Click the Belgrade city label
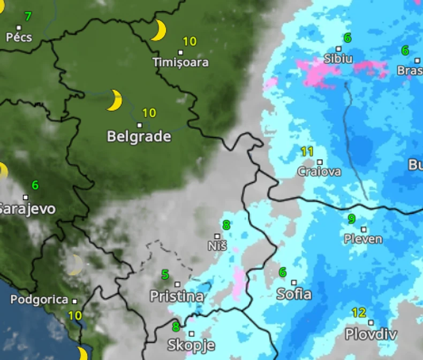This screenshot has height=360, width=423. [x=139, y=136]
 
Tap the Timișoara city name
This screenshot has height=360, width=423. [x=180, y=63]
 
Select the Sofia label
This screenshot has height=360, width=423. [x=294, y=294]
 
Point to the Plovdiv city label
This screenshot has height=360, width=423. [x=371, y=335]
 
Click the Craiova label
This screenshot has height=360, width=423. [x=319, y=172]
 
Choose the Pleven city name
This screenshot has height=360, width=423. [x=364, y=239]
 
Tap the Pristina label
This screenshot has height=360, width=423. [x=177, y=296]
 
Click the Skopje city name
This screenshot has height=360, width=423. [x=191, y=345]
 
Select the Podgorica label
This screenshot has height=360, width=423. [x=40, y=300]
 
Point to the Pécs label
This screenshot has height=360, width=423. [x=19, y=37]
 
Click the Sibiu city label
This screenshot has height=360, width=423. [x=338, y=58]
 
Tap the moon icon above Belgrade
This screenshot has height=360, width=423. [x=114, y=101]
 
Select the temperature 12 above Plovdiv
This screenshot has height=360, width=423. [x=359, y=312]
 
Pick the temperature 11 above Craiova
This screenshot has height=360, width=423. [x=307, y=151]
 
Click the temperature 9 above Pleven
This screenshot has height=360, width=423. [x=352, y=218]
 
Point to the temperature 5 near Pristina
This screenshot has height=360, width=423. [x=165, y=275]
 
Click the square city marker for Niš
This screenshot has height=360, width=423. [x=217, y=236]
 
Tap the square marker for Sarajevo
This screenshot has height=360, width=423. [x=25, y=197]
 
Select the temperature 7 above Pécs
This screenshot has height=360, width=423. [x=28, y=17]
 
